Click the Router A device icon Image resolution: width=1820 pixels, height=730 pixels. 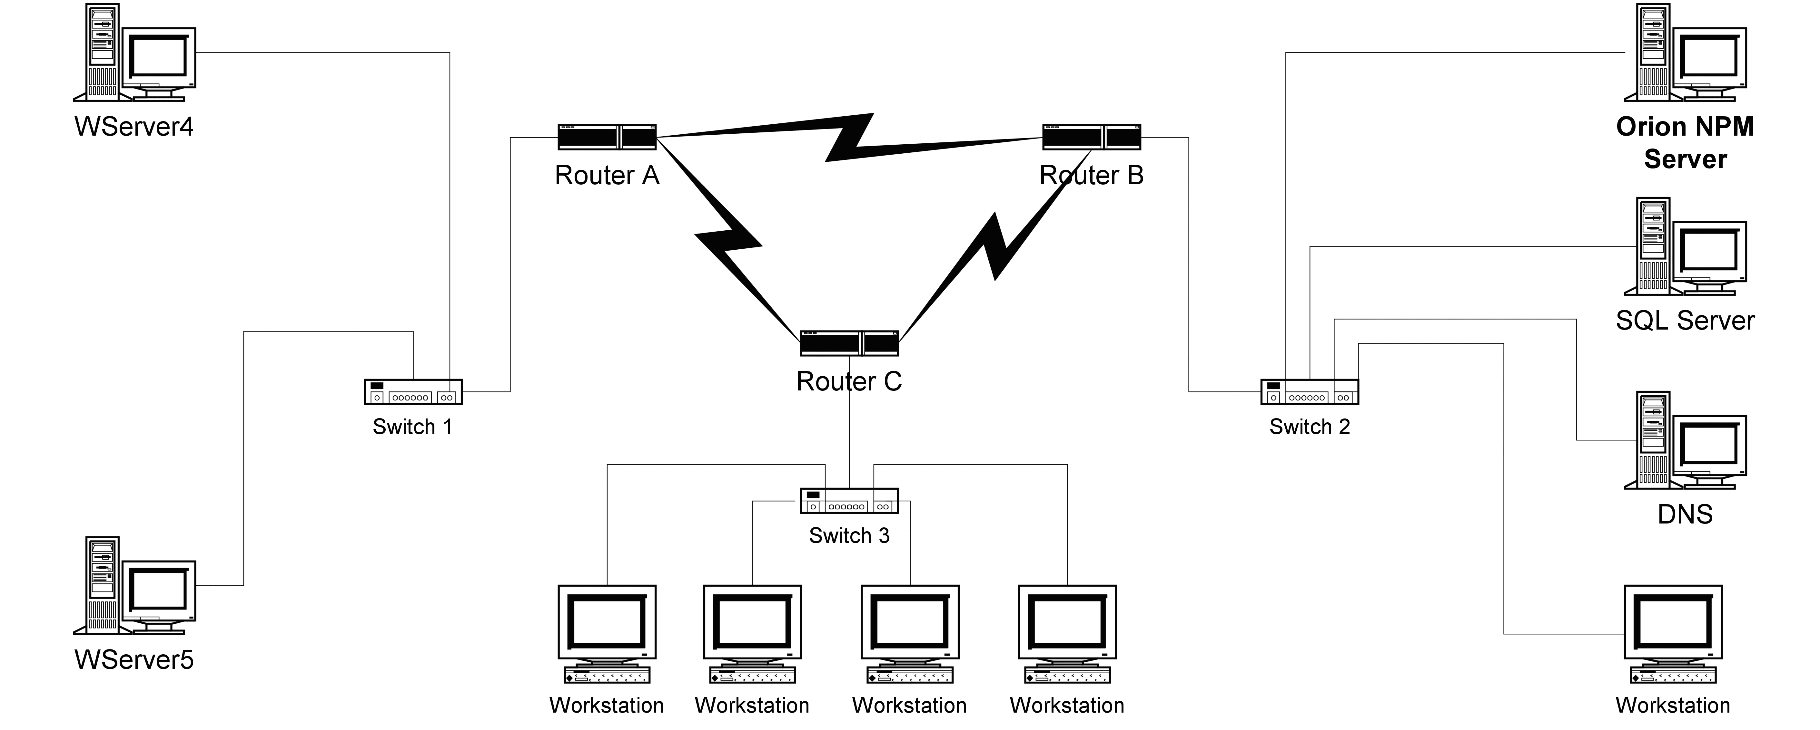point(607,137)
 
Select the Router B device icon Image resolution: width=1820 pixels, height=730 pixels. point(1092,137)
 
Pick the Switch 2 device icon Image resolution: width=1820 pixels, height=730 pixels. point(1309,392)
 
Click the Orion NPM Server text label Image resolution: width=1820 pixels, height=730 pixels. point(1685,143)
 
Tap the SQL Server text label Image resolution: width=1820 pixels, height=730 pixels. point(1685,321)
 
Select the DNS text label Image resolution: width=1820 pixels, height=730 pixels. point(1685,514)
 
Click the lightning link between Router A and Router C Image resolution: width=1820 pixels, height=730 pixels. point(728,236)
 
